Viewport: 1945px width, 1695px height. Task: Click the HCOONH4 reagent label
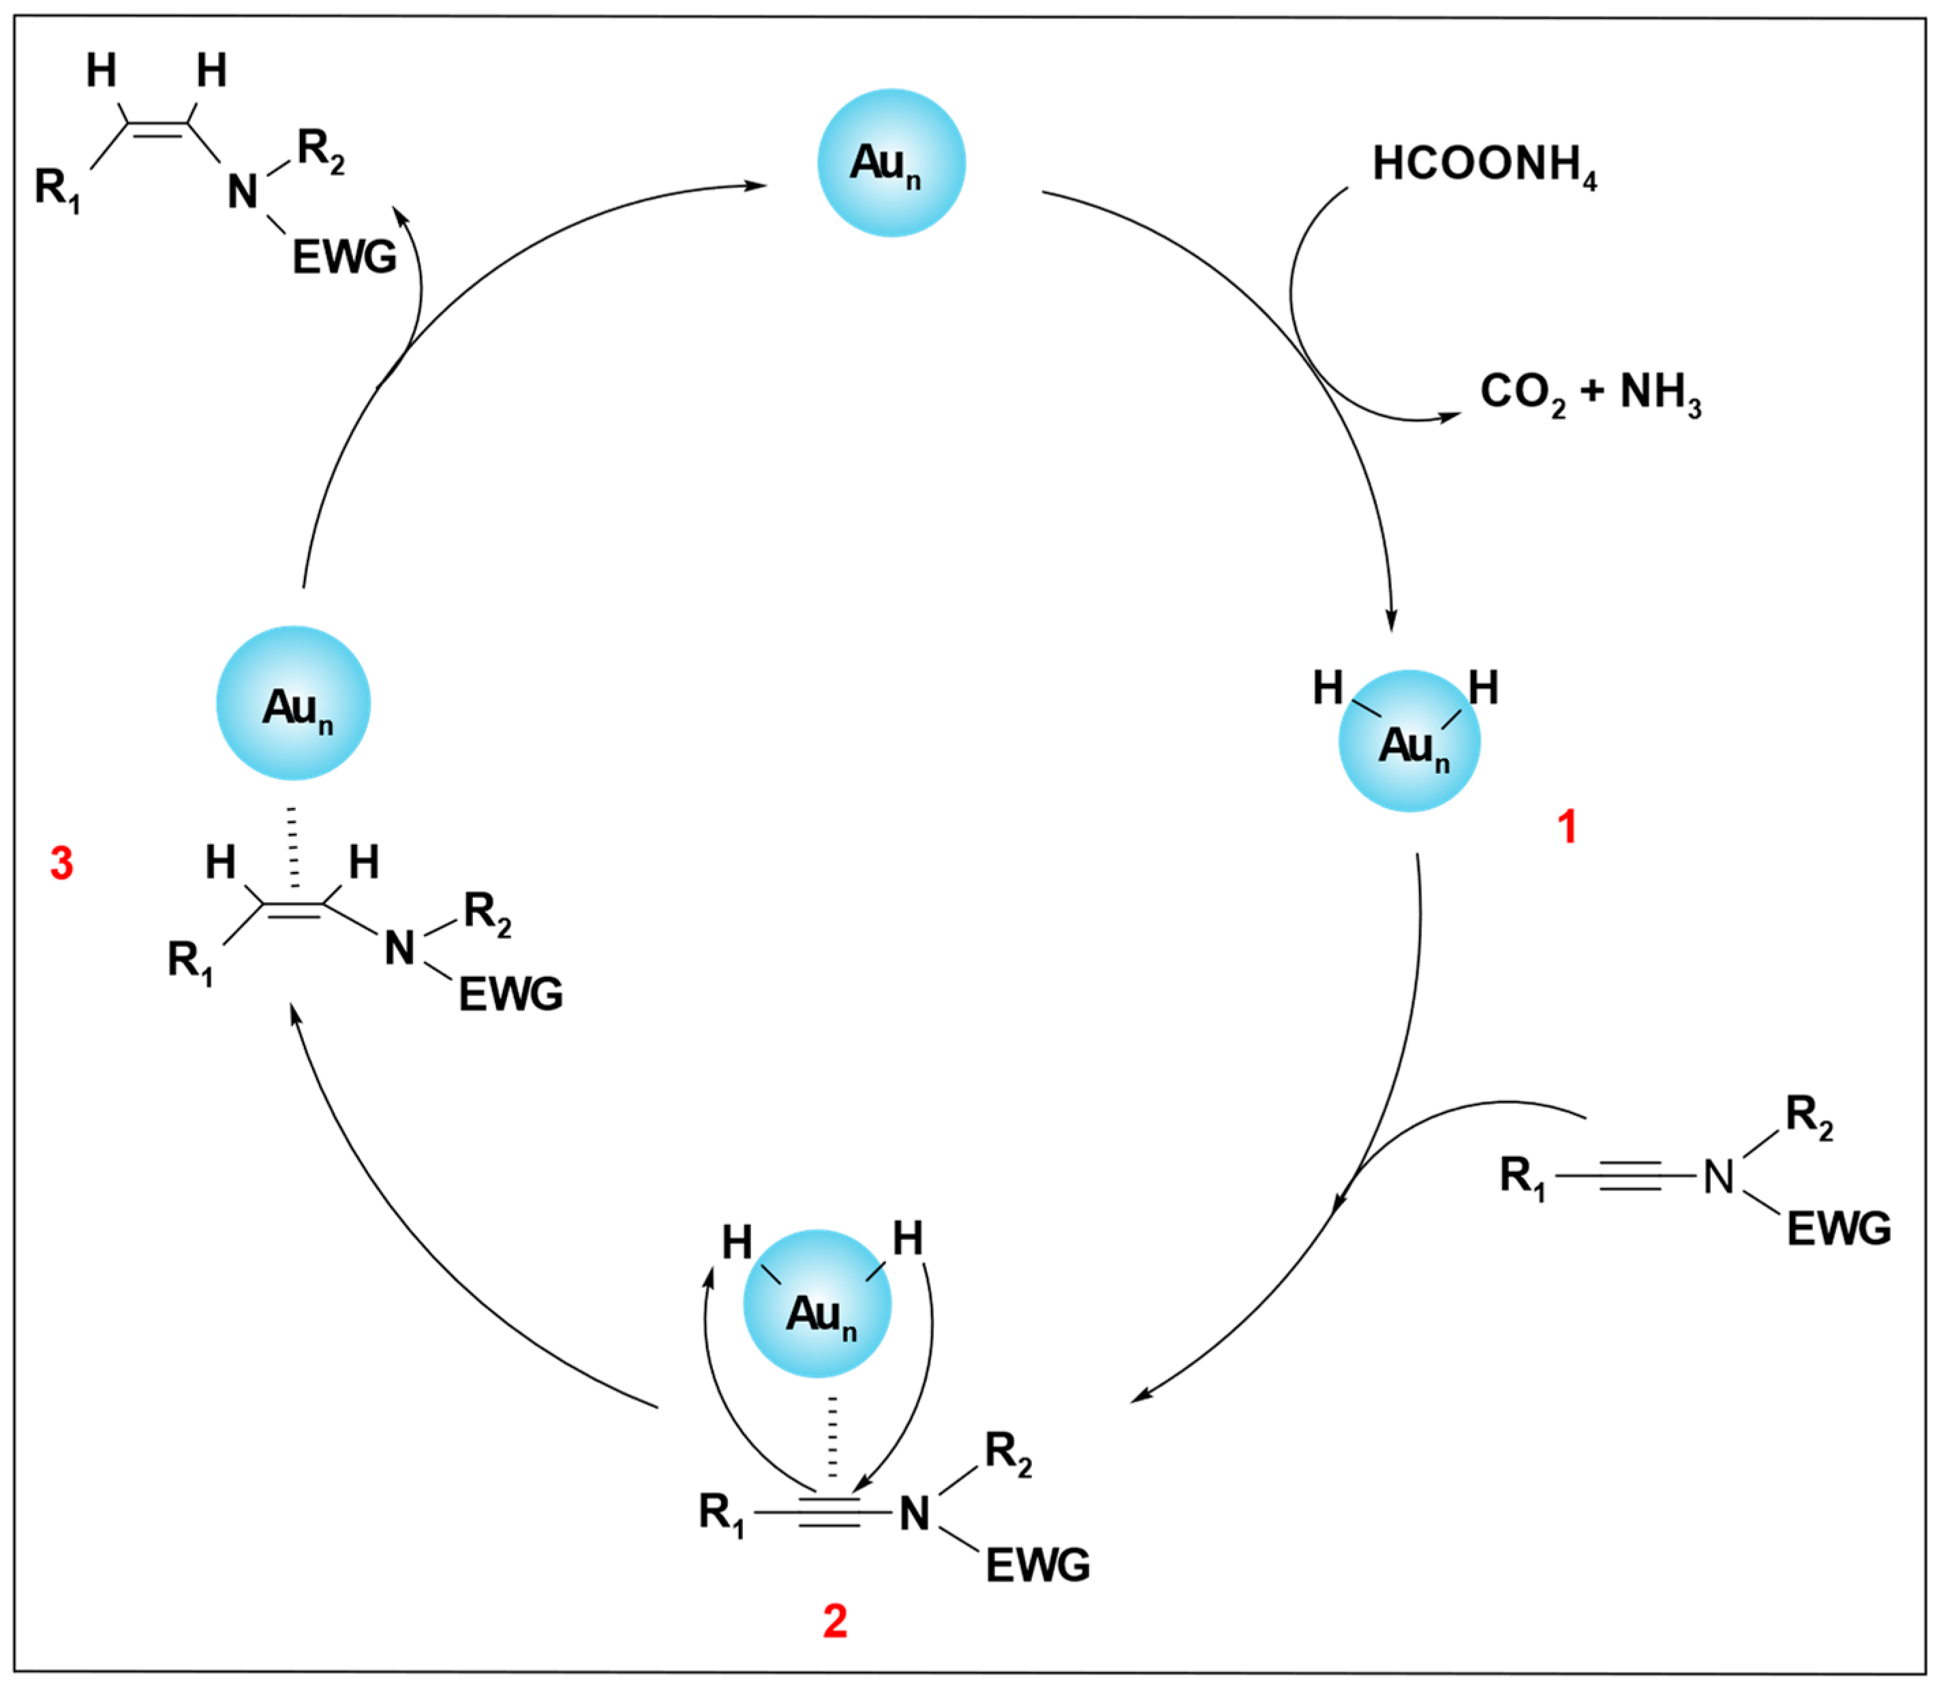(1484, 166)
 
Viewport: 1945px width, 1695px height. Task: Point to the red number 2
(834, 1622)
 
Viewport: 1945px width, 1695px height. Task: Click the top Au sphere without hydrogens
(891, 163)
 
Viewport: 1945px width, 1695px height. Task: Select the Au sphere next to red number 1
(1409, 741)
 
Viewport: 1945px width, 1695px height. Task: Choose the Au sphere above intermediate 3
(293, 703)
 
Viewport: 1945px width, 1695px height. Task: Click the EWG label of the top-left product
(344, 258)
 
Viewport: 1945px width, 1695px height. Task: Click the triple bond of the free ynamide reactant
(1629, 1176)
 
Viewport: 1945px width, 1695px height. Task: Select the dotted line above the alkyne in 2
(833, 1437)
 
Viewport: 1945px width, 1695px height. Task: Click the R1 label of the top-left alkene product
(57, 187)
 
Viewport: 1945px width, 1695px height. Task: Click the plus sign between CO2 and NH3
(1592, 390)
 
